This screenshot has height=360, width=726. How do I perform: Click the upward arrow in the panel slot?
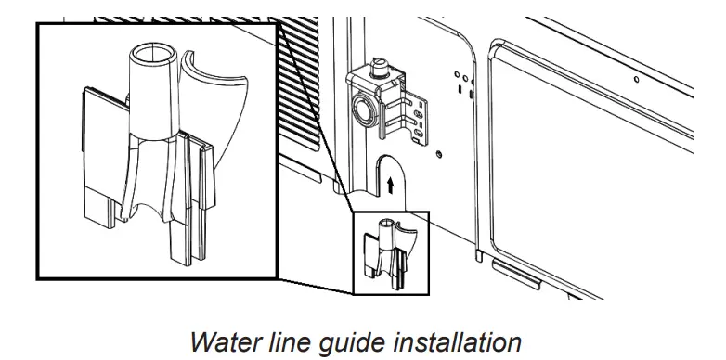(390, 185)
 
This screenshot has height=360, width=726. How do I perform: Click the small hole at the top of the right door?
(635, 82)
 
